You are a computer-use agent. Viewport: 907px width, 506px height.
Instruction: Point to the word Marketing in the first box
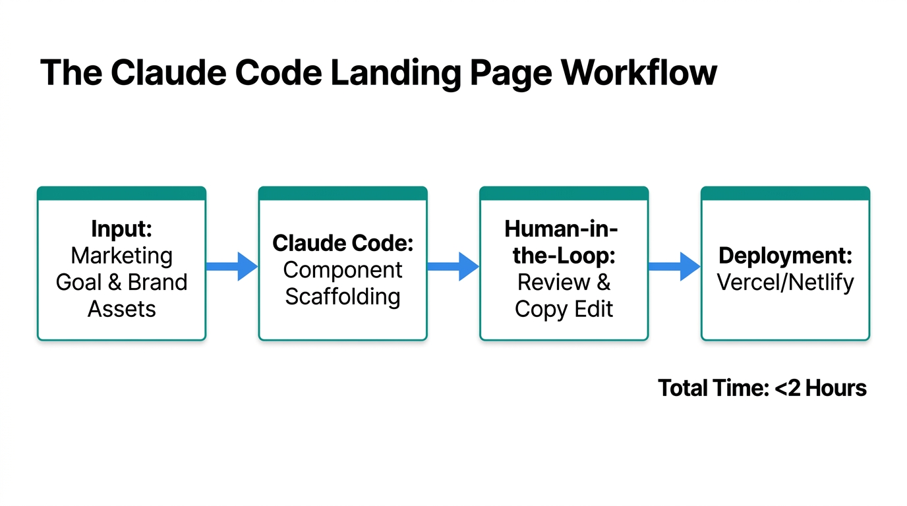coord(122,256)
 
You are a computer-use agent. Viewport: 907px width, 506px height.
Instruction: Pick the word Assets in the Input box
coord(122,309)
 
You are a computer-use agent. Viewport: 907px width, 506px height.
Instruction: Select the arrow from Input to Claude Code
coord(231,266)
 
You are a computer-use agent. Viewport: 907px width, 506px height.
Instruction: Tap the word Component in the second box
coord(343,270)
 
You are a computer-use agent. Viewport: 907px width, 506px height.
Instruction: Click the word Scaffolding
coord(343,296)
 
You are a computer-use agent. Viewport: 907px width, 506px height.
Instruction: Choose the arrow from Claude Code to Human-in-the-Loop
coord(453,266)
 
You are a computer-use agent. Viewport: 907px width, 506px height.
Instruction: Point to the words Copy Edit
coord(564,309)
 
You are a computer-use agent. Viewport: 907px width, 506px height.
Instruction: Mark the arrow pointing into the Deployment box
coord(674,266)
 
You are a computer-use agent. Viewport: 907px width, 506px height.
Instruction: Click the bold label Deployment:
coord(785,256)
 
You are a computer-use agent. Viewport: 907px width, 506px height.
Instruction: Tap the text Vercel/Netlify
coord(785,283)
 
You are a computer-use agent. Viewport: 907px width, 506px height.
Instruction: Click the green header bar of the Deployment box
coord(785,194)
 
